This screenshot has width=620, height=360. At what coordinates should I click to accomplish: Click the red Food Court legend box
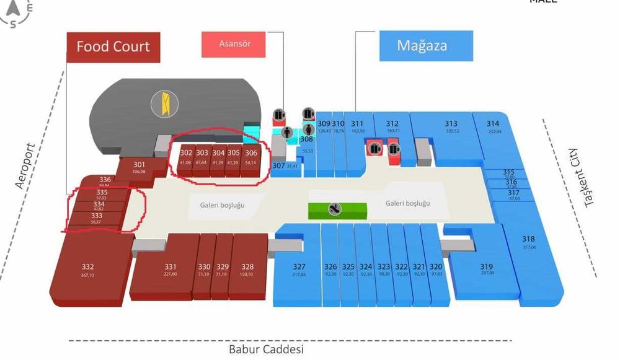click(x=113, y=46)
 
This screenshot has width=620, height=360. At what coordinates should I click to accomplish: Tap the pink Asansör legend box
click(x=234, y=44)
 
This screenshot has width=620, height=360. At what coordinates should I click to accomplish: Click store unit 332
click(x=88, y=271)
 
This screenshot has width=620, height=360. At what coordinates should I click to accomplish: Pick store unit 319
click(x=487, y=270)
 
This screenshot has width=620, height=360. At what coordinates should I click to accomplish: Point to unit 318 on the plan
click(x=528, y=242)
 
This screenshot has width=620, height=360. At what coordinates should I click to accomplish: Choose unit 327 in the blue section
click(x=299, y=270)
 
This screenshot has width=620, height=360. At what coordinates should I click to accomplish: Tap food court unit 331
click(x=170, y=270)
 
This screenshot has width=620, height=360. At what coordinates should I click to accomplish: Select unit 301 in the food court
click(x=139, y=167)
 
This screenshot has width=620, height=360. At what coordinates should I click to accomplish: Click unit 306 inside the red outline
click(x=251, y=157)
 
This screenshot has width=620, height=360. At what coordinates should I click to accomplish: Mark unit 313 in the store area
click(x=451, y=126)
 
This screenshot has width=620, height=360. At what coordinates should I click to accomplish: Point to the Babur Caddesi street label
click(x=267, y=349)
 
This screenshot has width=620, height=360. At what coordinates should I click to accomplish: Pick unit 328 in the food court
click(x=247, y=270)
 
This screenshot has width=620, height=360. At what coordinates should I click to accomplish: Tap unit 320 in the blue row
click(x=436, y=270)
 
